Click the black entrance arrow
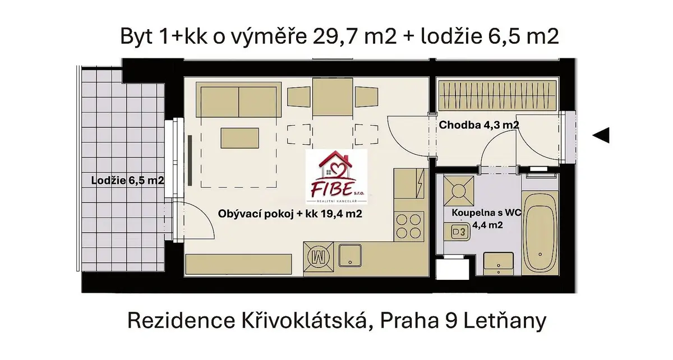[x=601, y=135]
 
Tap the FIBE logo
[x=336, y=177]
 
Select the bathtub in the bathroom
[x=540, y=233]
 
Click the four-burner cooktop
[x=409, y=226]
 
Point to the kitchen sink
[x=351, y=256]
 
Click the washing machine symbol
[x=319, y=257]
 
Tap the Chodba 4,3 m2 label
[x=479, y=124]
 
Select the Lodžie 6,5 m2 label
[x=127, y=181]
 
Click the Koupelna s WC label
[x=486, y=213]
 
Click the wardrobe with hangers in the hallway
[x=497, y=95]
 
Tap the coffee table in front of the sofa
[x=240, y=138]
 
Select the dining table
[x=333, y=97]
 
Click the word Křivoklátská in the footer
[x=304, y=320]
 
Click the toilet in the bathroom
[x=457, y=232]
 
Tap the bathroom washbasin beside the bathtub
[x=499, y=264]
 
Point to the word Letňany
[x=505, y=320]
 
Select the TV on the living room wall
[x=190, y=160]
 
